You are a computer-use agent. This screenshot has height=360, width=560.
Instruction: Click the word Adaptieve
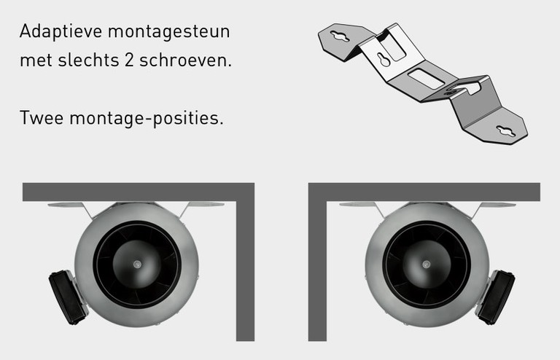(61, 32)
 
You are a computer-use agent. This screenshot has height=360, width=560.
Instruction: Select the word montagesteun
(169, 32)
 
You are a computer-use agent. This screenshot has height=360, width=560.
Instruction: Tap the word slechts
(88, 60)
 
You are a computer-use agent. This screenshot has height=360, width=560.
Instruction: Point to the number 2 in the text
(129, 60)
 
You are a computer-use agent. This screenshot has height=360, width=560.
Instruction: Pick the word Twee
(42, 117)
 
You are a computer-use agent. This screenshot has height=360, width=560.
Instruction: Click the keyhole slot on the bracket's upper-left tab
(340, 36)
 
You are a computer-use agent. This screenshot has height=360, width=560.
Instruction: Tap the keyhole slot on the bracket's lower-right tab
(506, 131)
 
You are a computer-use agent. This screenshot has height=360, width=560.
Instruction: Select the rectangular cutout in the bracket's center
(426, 79)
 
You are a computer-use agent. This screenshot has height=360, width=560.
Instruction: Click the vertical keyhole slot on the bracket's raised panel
(384, 59)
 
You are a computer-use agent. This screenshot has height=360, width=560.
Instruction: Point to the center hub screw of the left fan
(137, 265)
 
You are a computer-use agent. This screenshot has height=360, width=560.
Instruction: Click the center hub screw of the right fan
(426, 265)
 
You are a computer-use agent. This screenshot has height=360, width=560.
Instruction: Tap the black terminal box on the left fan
(68, 297)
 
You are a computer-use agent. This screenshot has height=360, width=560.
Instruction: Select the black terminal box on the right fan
(496, 297)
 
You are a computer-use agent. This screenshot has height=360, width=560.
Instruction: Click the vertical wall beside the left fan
(245, 271)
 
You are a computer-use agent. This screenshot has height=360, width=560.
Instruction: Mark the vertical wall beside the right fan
(317, 271)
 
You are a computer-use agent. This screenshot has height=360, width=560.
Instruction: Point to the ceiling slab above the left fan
(139, 192)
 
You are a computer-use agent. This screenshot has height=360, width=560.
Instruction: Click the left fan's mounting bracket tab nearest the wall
(206, 205)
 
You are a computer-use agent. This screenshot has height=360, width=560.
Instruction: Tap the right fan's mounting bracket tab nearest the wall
(357, 205)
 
